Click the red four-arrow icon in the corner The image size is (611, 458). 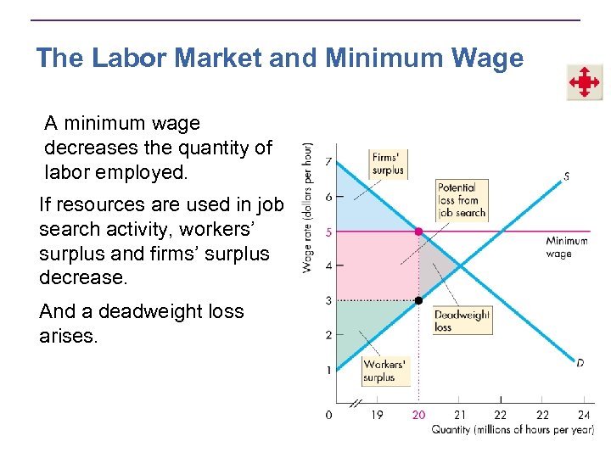point(584,82)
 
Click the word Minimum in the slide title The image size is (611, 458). point(378,59)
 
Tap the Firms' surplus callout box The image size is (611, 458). point(388,163)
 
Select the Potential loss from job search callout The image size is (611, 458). point(462,200)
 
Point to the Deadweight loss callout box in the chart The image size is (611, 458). point(462,320)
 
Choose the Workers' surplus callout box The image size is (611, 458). point(384,371)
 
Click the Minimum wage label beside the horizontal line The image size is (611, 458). point(566,247)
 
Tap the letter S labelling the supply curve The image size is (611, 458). point(566,177)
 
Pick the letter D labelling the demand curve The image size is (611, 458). point(580,363)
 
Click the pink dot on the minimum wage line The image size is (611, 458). point(418,231)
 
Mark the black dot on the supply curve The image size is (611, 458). point(418,300)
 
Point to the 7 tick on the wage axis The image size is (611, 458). point(328,162)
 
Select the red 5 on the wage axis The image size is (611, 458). point(328,232)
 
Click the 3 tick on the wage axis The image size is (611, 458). point(328,300)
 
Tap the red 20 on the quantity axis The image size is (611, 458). point(418,415)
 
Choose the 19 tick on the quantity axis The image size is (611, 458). point(377,415)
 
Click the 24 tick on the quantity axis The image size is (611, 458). point(584,415)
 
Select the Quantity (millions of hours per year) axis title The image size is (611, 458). point(512,429)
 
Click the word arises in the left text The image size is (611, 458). point(69,337)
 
